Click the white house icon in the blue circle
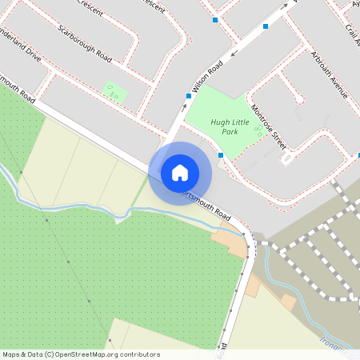coord(180,173)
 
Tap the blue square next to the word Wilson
coord(189,96)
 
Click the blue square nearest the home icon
coord(221,155)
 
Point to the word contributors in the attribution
coord(141,354)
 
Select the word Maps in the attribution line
coord(12,354)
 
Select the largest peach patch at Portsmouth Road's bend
coord(230,241)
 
